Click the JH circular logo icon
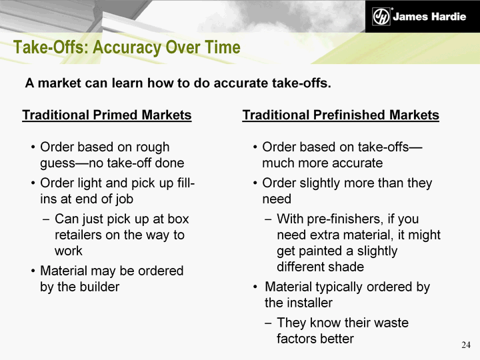pos(381,16)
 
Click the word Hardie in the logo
pos(449,17)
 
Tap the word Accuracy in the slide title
pos(127,48)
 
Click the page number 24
pos(466,345)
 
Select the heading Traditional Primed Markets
pos(107,115)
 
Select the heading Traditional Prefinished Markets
pos(341,115)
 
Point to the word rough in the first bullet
pos(153,147)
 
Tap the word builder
pos(99,287)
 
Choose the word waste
pos(389,323)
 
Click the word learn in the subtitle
pos(125,83)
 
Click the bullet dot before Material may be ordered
pos(33,271)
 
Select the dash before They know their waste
pos(268,323)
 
